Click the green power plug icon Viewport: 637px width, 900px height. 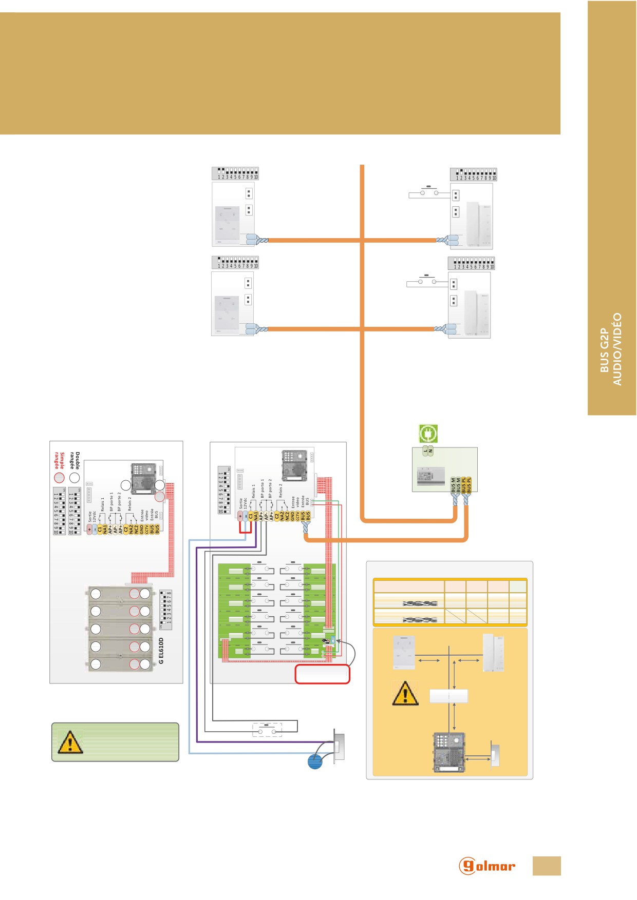click(x=428, y=434)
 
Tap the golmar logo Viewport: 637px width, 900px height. click(x=486, y=866)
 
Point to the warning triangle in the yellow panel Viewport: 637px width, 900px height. click(x=405, y=693)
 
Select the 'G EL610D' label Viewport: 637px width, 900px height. click(x=161, y=651)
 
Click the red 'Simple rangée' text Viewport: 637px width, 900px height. click(x=60, y=460)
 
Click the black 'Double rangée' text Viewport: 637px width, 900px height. click(x=75, y=460)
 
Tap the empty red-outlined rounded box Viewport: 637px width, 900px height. click(x=322, y=674)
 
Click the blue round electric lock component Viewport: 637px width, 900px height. click(x=315, y=761)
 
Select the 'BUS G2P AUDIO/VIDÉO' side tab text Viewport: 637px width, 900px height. click(x=611, y=349)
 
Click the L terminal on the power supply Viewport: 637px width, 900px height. click(x=425, y=451)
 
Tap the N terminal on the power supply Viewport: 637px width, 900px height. click(x=430, y=451)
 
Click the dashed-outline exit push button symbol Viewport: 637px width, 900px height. click(x=267, y=730)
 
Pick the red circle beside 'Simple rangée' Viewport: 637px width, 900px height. click(x=60, y=478)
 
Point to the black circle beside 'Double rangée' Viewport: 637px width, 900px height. click(x=75, y=478)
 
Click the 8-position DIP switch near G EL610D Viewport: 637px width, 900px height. click(x=166, y=610)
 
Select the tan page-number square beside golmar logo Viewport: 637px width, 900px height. click(x=547, y=866)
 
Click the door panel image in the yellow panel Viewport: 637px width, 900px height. click(x=449, y=752)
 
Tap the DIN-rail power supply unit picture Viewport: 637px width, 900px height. click(x=430, y=477)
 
